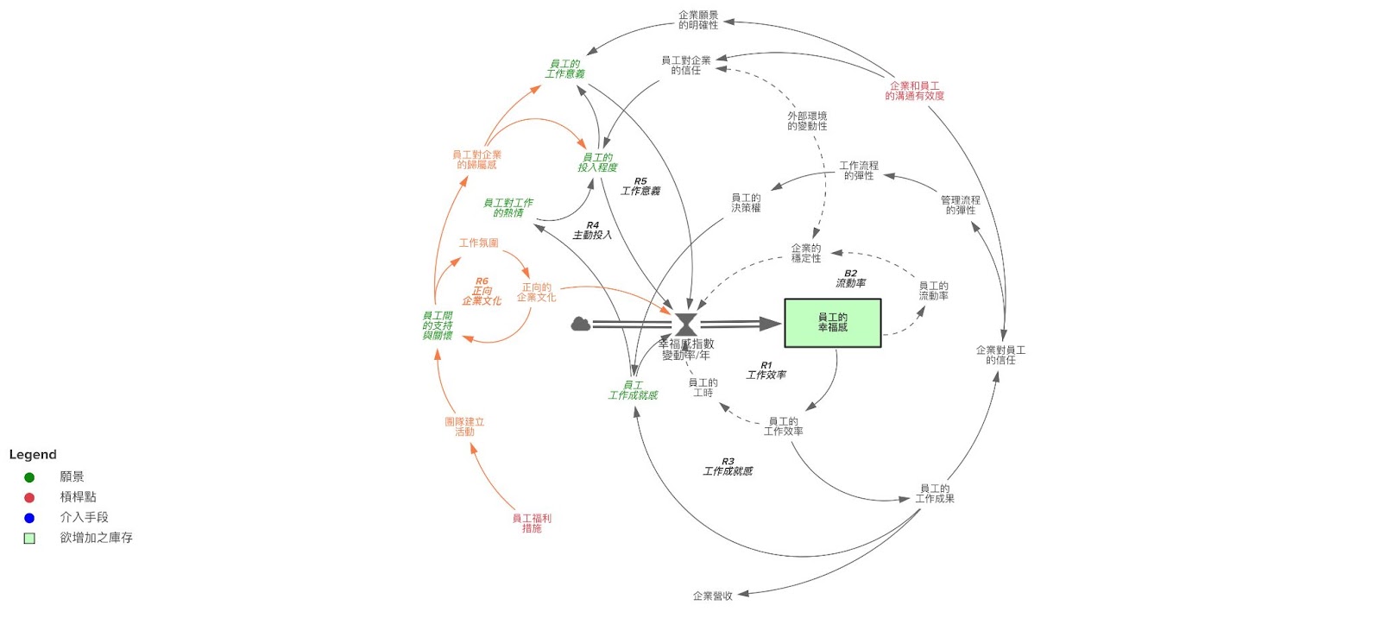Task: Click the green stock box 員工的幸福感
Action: point(832,323)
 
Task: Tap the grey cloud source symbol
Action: point(581,324)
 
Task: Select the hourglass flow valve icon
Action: point(686,325)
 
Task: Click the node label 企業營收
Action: point(712,596)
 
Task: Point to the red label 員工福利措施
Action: point(532,523)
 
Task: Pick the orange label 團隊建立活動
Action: point(464,426)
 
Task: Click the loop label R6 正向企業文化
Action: point(482,291)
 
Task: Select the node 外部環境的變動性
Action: point(807,121)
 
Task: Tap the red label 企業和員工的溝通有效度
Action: point(914,91)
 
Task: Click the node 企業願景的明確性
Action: point(698,20)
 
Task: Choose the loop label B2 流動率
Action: point(850,278)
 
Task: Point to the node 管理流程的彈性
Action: point(960,205)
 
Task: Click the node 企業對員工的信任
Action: point(1000,355)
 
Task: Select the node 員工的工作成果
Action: point(935,494)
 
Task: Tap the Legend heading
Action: point(33,454)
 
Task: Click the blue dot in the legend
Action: point(29,518)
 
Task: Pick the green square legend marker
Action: point(29,538)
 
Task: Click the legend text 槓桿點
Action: point(78,496)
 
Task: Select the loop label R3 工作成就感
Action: point(728,467)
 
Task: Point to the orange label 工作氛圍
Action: point(478,243)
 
